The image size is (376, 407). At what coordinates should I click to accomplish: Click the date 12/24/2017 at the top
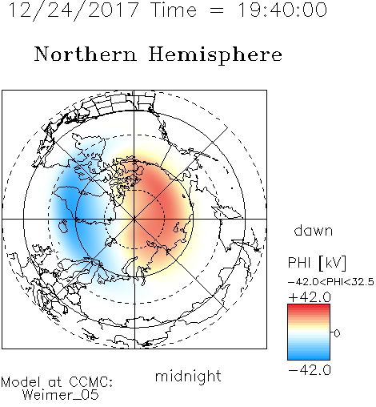pyautogui.click(x=74, y=10)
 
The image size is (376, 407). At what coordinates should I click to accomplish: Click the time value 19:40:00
pyautogui.click(x=282, y=10)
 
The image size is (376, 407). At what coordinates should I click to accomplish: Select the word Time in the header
pyautogui.click(x=174, y=10)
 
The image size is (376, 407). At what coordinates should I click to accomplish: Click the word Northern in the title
pyautogui.click(x=86, y=54)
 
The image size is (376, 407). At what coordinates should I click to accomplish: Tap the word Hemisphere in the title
pyautogui.click(x=215, y=55)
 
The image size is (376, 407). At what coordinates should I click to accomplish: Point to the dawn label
pyautogui.click(x=313, y=230)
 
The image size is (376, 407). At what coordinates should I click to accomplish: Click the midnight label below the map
pyautogui.click(x=188, y=376)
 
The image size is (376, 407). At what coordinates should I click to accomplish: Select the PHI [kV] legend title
pyautogui.click(x=317, y=263)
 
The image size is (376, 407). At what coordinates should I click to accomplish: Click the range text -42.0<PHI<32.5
pyautogui.click(x=330, y=282)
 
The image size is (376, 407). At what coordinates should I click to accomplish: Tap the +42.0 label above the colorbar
pyautogui.click(x=310, y=297)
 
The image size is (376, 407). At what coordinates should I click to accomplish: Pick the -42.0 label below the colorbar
pyautogui.click(x=310, y=370)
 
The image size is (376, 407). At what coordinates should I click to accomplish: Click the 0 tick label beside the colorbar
pyautogui.click(x=337, y=333)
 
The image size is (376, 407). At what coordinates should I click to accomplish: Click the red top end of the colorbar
pyautogui.click(x=309, y=306)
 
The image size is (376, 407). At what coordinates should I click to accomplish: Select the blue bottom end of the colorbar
pyautogui.click(x=309, y=358)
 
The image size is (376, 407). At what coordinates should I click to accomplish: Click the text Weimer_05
pyautogui.click(x=61, y=395)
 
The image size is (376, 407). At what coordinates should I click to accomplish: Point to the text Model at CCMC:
pyautogui.click(x=57, y=382)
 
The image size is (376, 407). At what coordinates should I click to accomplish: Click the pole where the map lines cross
pyautogui.click(x=134, y=219)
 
